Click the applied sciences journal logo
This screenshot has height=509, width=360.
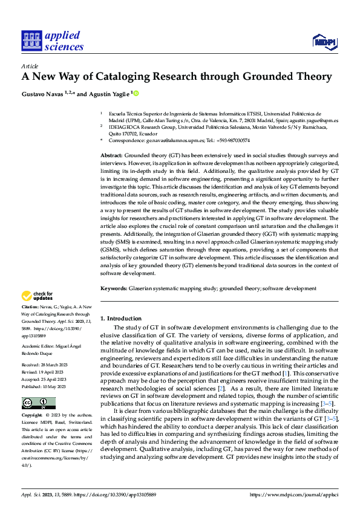[52, 41]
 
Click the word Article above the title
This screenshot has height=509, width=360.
[30, 66]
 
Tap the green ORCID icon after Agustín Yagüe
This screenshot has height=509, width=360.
[136, 92]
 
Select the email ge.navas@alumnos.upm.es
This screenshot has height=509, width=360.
[177, 140]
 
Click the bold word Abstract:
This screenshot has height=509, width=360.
[113, 155]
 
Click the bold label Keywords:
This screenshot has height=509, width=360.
[114, 289]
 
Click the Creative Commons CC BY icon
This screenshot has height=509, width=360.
[38, 403]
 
